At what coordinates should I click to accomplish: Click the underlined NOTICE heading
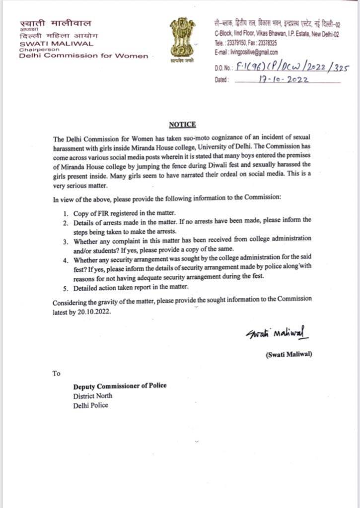coord(182,125)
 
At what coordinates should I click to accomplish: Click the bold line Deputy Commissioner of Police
coord(120,386)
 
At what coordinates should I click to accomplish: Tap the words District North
coord(93,395)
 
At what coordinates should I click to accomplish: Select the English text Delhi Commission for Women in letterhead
coord(83,56)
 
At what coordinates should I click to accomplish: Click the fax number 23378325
coord(267,43)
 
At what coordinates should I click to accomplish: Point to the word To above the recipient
coord(56,373)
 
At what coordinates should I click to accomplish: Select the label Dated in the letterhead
coord(221,79)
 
